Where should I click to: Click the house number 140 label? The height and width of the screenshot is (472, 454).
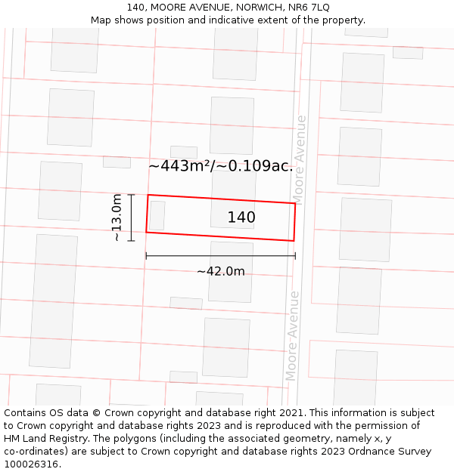point(241,217)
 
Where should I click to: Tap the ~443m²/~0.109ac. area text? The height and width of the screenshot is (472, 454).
point(220,166)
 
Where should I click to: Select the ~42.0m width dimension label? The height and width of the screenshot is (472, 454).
point(220,272)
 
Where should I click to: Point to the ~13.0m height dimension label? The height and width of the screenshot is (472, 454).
point(117,217)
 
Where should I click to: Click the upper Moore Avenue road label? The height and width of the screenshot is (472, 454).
point(300,159)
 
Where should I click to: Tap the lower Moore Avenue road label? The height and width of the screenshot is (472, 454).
point(292,336)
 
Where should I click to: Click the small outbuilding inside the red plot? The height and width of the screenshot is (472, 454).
point(157,215)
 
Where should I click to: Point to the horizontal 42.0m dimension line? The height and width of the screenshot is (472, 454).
point(220,256)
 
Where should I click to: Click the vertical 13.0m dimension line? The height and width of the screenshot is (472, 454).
point(132,217)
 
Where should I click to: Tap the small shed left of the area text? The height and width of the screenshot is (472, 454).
point(117,162)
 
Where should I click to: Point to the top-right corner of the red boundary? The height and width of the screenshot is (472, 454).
point(295,203)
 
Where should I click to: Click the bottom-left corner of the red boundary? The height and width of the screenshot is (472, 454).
point(146,232)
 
